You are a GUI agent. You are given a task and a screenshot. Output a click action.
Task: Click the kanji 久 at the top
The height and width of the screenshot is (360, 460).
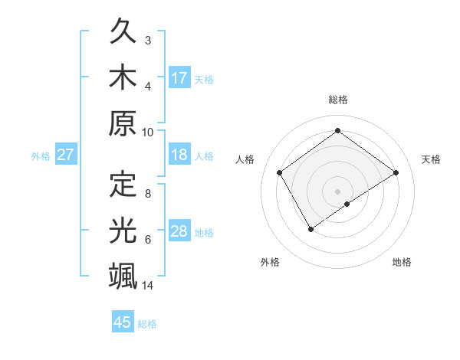[123, 33]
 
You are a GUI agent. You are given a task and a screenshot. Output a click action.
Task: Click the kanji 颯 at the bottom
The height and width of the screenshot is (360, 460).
[123, 274]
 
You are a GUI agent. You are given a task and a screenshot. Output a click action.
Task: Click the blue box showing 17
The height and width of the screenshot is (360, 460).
[179, 77]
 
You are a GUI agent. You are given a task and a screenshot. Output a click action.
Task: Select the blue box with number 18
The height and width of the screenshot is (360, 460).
[179, 155]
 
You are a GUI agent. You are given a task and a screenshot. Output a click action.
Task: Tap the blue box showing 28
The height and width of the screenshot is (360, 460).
[179, 231]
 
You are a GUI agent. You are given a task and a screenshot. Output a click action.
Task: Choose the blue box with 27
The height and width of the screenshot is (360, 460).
[65, 155]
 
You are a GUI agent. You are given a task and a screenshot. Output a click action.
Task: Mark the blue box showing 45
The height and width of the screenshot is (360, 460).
[123, 322]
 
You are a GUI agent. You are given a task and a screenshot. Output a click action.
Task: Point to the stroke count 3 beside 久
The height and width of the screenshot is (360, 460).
[148, 40]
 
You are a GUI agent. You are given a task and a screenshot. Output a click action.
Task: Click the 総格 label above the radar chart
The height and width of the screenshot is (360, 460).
[337, 100]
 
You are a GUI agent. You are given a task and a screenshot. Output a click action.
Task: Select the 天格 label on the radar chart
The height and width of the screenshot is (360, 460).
[432, 159]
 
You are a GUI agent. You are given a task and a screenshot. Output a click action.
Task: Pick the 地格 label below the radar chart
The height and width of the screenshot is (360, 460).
[402, 263]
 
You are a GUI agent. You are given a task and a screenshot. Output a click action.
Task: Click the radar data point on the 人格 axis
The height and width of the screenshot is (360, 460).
[280, 172]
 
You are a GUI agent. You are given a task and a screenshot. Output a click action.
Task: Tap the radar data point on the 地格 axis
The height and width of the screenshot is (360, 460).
[347, 204]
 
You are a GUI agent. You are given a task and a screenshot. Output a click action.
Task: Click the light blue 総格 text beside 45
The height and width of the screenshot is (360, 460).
[147, 324]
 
